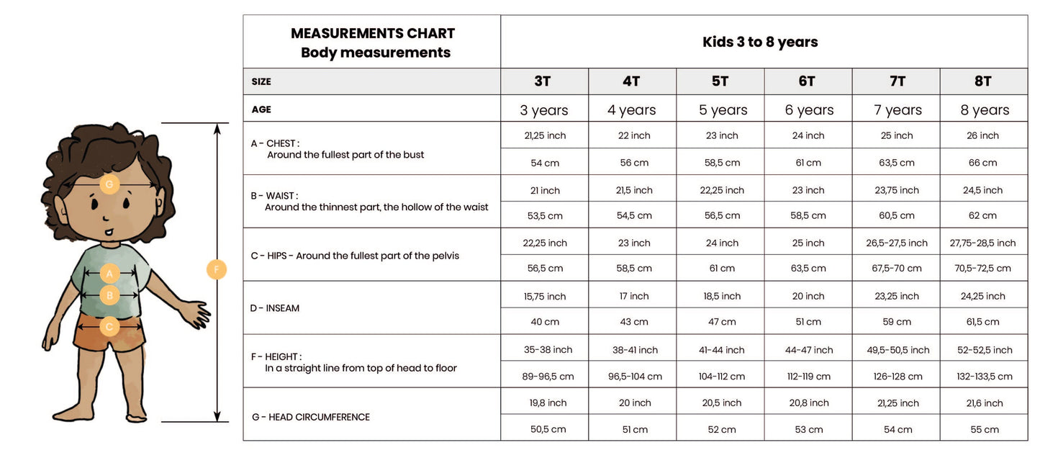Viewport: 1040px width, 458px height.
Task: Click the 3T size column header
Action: (543, 81)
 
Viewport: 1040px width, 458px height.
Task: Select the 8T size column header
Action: (983, 81)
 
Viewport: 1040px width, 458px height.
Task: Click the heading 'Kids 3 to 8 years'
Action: (760, 42)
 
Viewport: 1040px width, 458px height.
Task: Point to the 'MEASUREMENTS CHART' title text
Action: (373, 33)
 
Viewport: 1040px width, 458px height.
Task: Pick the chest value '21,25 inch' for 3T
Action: (545, 135)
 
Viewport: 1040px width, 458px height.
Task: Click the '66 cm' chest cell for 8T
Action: (983, 163)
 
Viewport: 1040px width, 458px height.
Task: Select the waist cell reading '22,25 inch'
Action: (722, 190)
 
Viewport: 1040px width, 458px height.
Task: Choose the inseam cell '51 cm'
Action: (809, 322)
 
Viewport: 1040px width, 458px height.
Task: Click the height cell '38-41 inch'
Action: (633, 350)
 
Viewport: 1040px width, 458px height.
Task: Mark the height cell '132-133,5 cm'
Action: (983, 376)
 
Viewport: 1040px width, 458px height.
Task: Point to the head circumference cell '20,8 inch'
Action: (809, 403)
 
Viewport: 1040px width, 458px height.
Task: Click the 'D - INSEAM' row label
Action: (275, 308)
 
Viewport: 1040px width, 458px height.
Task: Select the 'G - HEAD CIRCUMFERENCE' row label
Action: (311, 417)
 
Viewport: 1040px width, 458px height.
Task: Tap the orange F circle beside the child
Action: (216, 270)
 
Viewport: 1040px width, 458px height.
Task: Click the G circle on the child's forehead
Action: (109, 184)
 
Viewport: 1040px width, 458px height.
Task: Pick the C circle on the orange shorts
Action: (109, 327)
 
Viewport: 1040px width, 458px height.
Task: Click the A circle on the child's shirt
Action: (109, 274)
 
